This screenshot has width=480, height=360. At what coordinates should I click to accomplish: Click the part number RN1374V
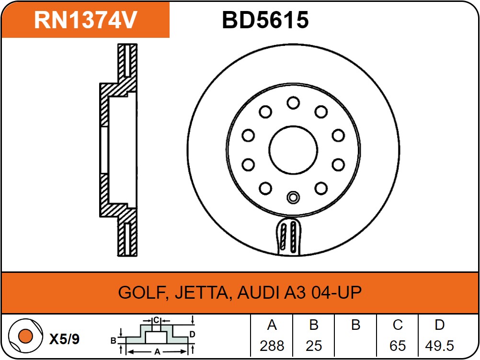86,20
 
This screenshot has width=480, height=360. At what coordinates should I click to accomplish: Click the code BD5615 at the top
265,20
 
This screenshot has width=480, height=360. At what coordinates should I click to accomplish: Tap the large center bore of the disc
293,150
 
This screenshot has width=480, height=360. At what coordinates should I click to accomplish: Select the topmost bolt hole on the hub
293,102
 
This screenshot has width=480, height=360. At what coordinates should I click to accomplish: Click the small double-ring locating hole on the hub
293,197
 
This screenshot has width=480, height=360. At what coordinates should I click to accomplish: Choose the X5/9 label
65,339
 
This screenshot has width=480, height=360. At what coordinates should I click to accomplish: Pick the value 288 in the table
272,346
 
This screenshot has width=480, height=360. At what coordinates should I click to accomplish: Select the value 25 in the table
314,346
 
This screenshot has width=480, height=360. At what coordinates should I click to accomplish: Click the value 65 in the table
398,346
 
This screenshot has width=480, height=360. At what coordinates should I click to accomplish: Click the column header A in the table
272,325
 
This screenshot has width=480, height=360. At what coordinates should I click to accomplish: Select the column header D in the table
439,325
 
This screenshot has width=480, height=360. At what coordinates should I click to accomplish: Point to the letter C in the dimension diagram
156,320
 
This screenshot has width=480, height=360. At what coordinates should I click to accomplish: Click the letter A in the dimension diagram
157,351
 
